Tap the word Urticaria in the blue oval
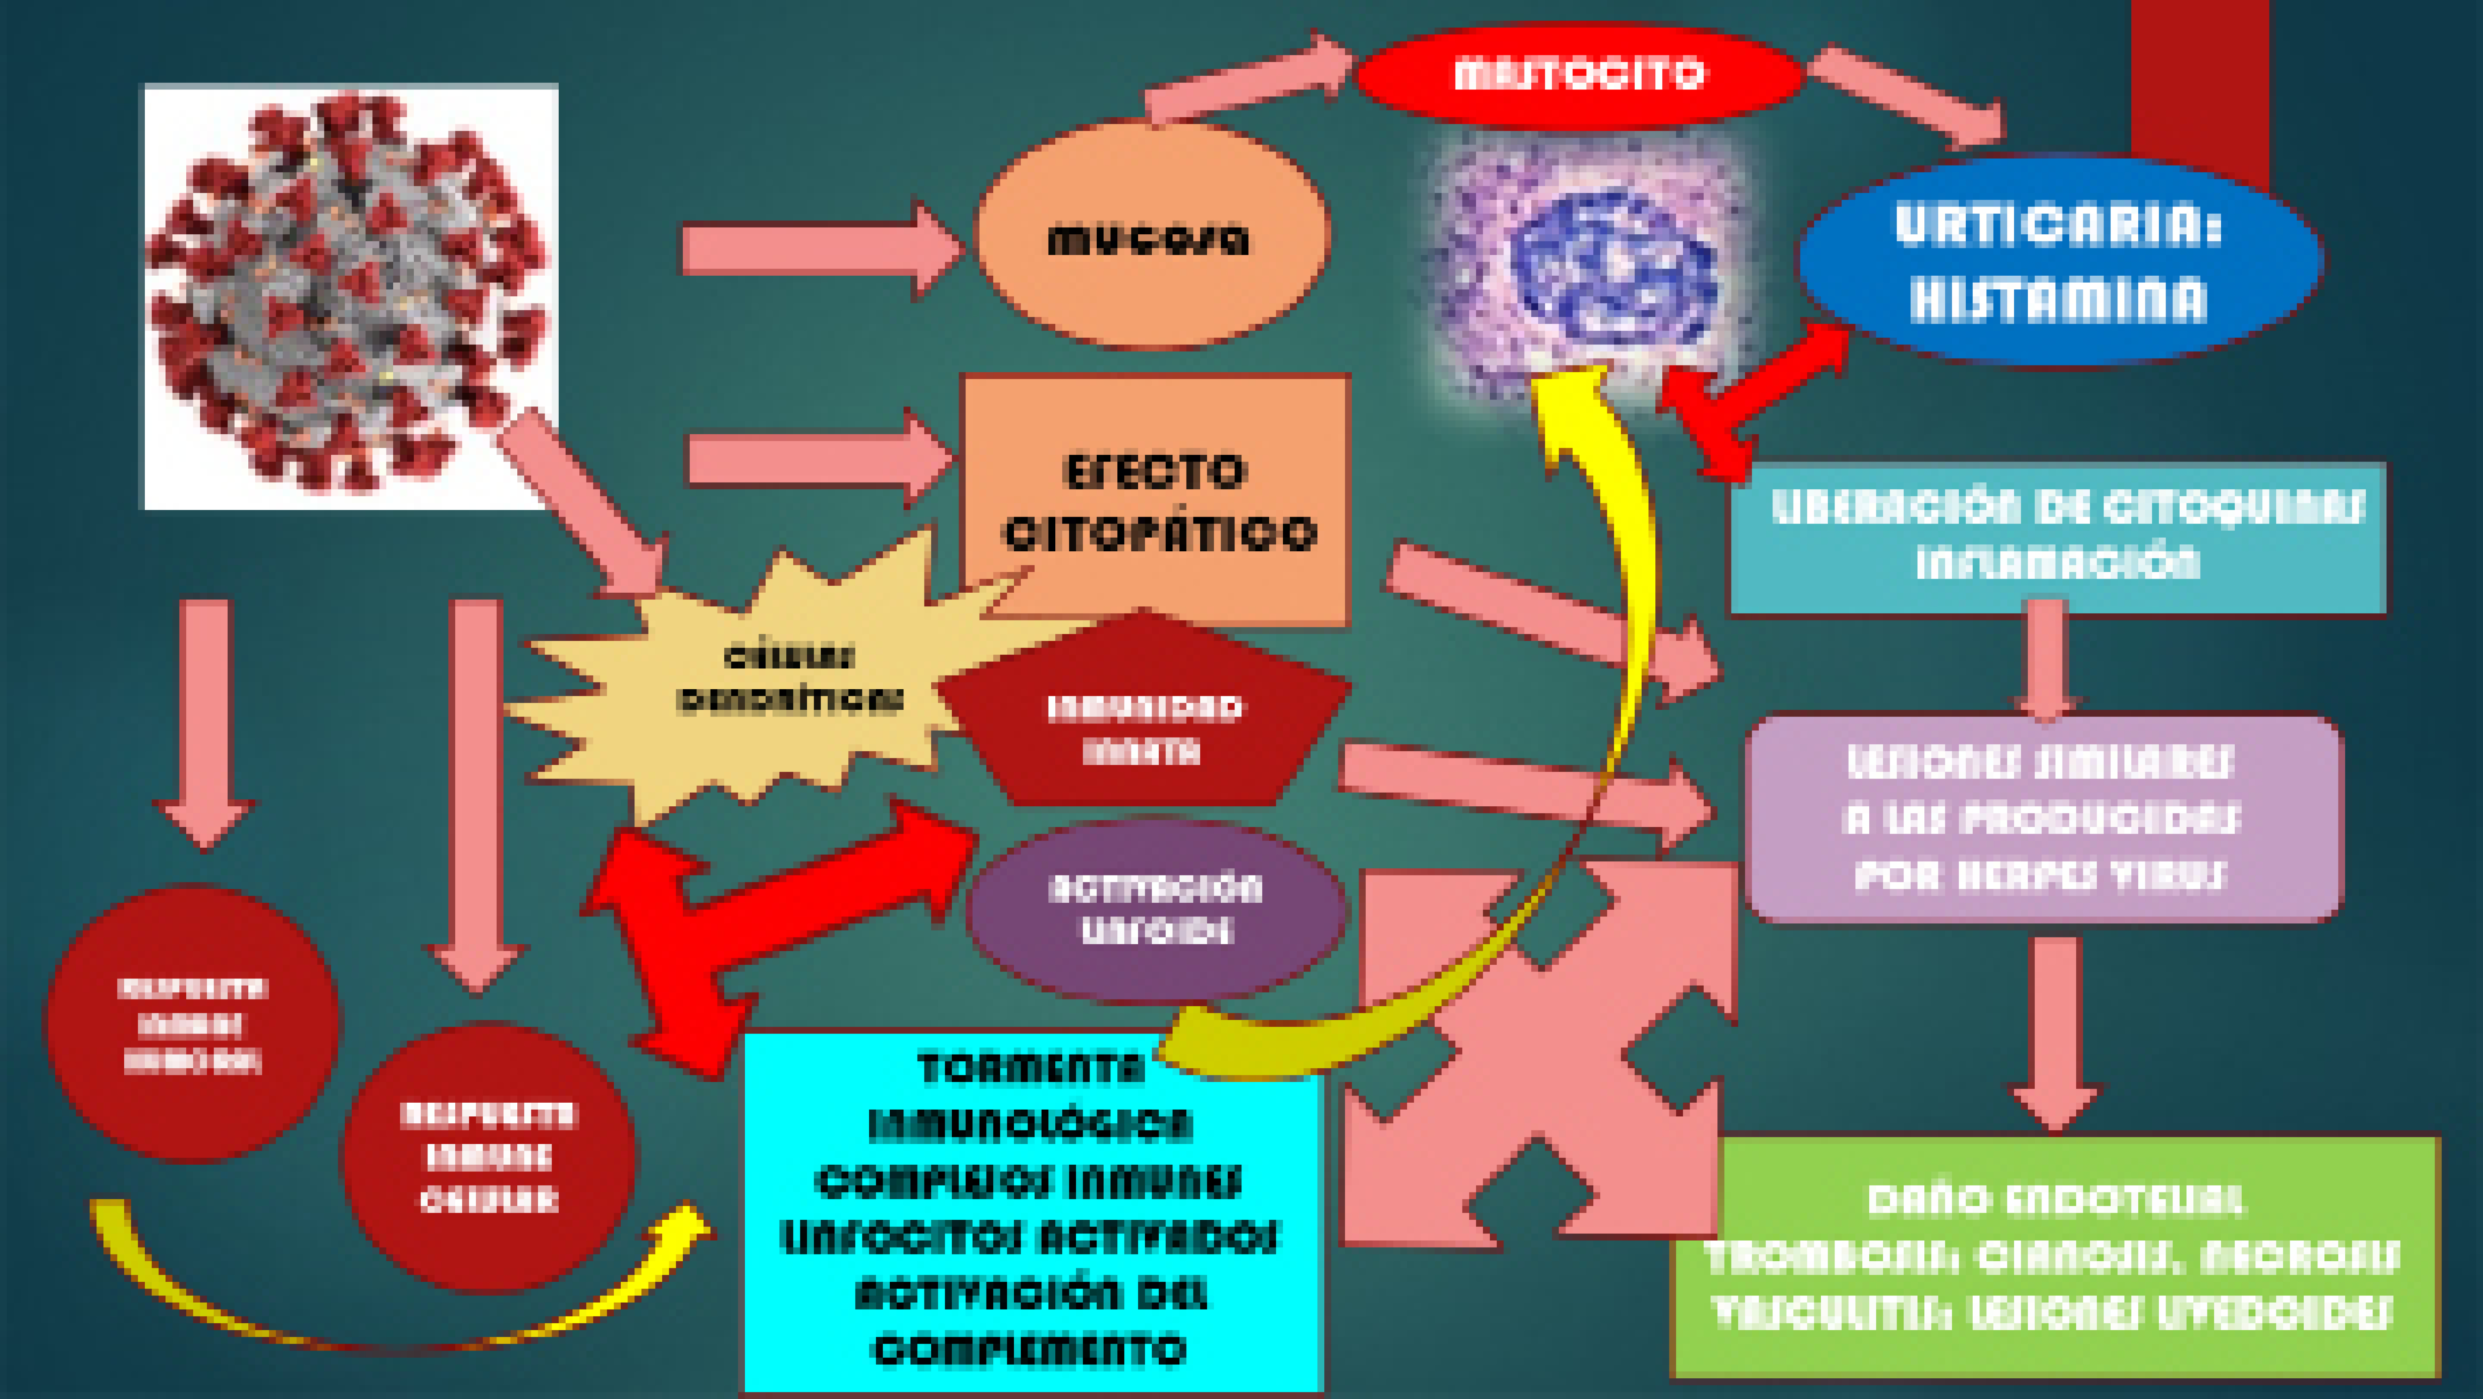click(x=2058, y=226)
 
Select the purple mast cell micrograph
click(x=1600, y=260)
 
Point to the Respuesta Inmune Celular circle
click(x=489, y=1157)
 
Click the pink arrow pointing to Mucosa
click(x=819, y=249)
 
